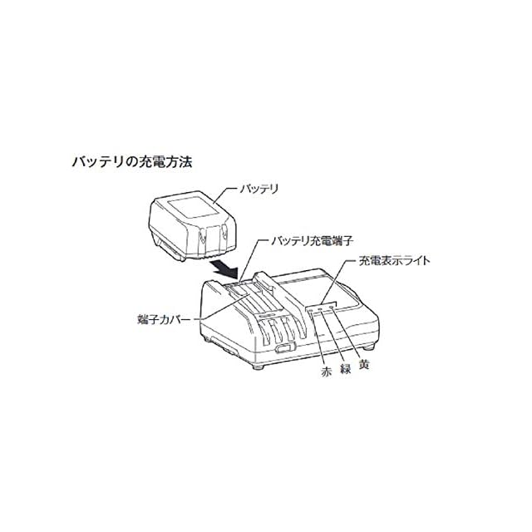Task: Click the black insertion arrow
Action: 224,268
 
